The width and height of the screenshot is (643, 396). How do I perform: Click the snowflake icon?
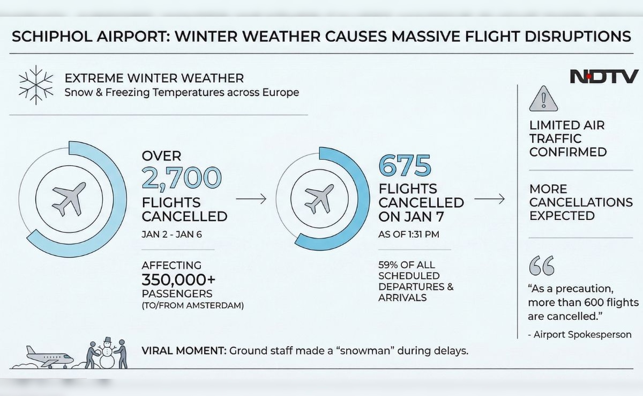(x=36, y=85)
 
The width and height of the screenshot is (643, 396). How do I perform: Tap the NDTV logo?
(x=604, y=76)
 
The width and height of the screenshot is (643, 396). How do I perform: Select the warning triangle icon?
(x=543, y=99)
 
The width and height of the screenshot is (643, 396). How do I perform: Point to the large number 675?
(x=405, y=165)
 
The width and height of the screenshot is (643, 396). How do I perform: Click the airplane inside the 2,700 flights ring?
(x=69, y=199)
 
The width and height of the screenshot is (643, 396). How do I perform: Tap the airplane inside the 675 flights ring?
(x=319, y=199)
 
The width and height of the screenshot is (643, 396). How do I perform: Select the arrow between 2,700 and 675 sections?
(x=251, y=199)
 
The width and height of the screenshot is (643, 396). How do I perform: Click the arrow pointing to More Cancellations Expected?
(x=489, y=199)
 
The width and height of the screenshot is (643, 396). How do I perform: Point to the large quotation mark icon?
(x=542, y=266)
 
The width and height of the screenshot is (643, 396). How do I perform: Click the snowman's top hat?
(x=108, y=340)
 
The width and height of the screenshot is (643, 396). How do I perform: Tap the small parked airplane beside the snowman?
(x=49, y=357)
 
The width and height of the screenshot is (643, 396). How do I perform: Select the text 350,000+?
(x=178, y=280)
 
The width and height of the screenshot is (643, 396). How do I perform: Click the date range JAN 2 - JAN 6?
(x=171, y=234)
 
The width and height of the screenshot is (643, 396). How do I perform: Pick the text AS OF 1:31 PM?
(x=409, y=234)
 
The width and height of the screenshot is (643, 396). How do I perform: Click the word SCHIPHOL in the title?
(x=52, y=36)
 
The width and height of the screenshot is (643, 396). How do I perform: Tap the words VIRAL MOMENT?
(x=184, y=350)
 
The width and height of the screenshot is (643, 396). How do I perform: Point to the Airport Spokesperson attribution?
(x=580, y=334)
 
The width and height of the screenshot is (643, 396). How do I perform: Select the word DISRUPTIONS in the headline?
(x=578, y=36)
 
